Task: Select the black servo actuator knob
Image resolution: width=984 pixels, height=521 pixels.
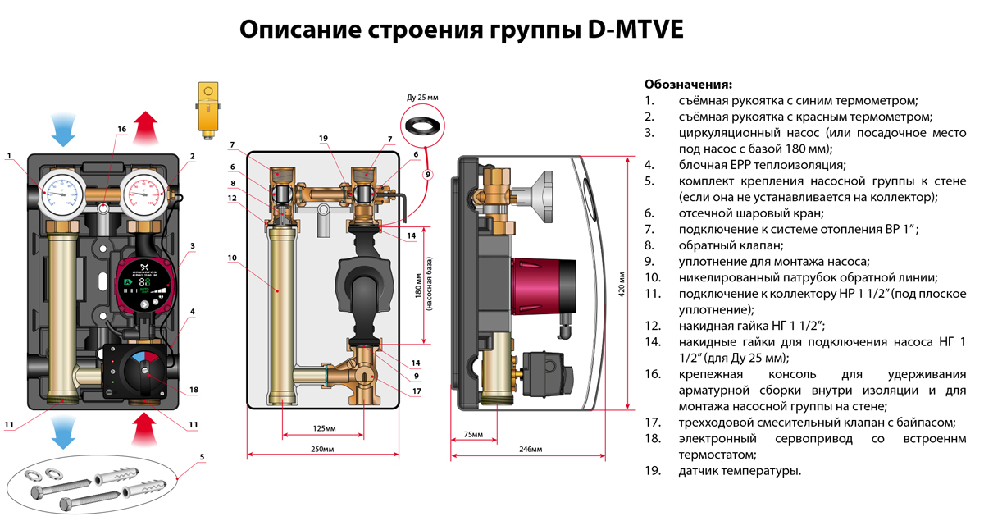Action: coord(145,374)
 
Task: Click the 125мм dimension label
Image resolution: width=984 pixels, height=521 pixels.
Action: coord(325,428)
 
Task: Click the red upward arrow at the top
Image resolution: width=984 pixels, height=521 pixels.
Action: coord(145,127)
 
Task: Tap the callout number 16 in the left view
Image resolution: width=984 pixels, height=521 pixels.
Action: coord(122,129)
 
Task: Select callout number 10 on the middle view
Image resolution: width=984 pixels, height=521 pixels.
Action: coord(232,257)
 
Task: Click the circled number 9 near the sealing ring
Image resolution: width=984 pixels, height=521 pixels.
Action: coord(426,174)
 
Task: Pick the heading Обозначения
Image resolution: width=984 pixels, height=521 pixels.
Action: coord(688,84)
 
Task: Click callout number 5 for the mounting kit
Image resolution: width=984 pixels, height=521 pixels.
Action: coord(202,456)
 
